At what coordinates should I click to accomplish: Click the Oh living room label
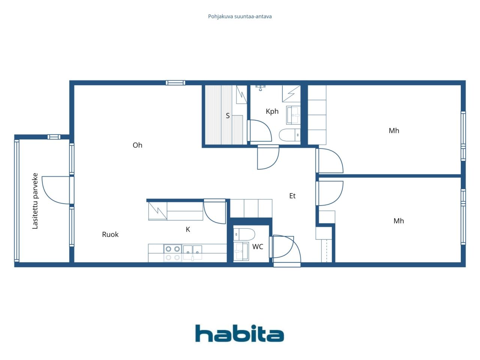(x=137, y=145)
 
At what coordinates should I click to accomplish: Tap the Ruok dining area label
(x=110, y=234)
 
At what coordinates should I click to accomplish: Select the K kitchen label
(x=188, y=229)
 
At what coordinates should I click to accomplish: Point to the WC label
(x=258, y=247)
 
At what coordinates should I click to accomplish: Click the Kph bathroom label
(x=272, y=111)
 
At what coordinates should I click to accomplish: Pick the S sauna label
(x=228, y=115)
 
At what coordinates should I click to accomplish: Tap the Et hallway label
(x=292, y=196)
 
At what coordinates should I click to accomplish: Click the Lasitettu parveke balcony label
(x=35, y=201)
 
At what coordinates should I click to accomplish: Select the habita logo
(x=240, y=333)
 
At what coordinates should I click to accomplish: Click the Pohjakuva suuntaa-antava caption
(x=240, y=16)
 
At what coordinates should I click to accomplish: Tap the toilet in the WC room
(x=244, y=234)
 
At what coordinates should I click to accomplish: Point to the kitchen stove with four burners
(x=172, y=253)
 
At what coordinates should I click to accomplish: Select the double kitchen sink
(x=192, y=252)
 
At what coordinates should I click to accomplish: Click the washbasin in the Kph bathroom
(x=293, y=115)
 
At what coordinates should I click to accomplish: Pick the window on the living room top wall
(x=175, y=83)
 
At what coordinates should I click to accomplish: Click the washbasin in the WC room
(x=241, y=251)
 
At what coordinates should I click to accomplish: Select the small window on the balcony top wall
(x=54, y=137)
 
